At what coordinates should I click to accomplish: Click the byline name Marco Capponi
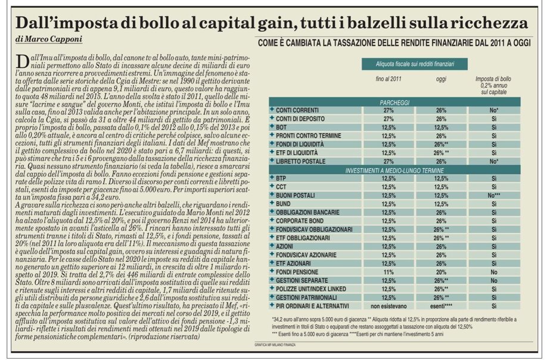49,40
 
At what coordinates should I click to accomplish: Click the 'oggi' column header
442,79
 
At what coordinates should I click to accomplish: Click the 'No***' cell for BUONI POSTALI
491,195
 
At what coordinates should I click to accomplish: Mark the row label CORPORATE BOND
297,220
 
